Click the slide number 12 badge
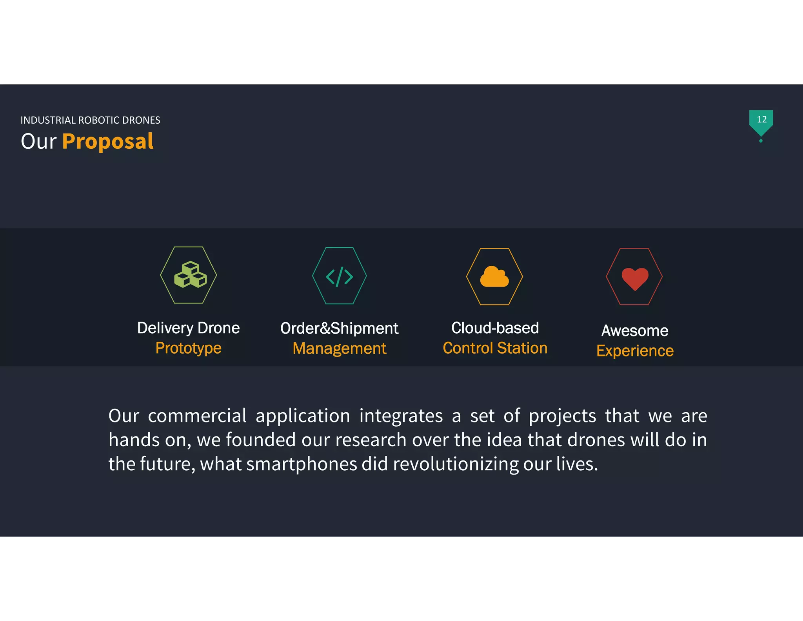coord(761,120)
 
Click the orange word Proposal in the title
coord(108,142)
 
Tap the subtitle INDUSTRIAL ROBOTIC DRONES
coord(90,120)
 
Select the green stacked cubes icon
coord(190,275)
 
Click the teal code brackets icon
coord(340,276)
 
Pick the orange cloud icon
coord(494,277)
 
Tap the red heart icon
coord(635,278)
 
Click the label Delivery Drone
coord(188,328)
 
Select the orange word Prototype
coord(188,348)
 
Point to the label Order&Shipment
coord(339,328)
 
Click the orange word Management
coord(339,349)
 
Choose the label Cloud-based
coord(495,328)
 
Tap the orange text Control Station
coord(495,348)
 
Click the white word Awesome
coord(635,331)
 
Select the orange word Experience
coord(635,351)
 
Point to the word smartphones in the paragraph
coord(302,464)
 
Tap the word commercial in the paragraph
coord(197,416)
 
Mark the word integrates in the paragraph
coord(401,416)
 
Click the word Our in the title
coord(38,142)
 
